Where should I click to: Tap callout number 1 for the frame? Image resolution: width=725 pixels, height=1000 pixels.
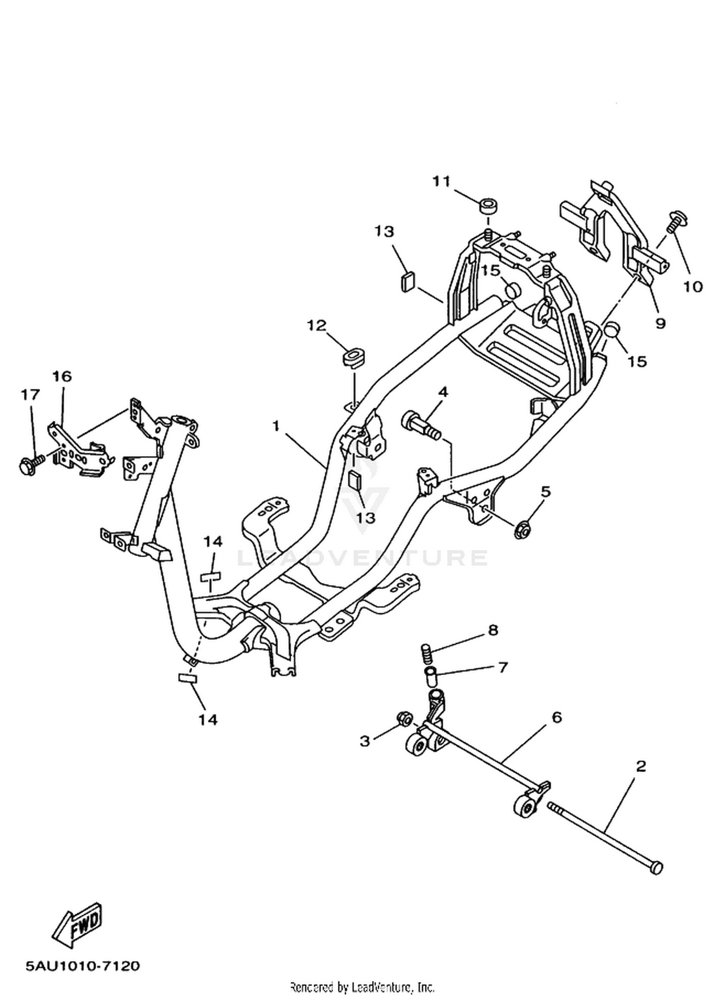tap(275, 426)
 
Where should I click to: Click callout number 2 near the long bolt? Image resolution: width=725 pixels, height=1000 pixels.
tap(641, 766)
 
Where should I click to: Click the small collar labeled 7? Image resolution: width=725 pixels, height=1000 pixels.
tap(431, 675)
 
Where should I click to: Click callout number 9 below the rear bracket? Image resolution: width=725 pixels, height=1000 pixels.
tap(660, 323)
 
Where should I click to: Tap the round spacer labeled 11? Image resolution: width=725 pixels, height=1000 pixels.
tap(489, 205)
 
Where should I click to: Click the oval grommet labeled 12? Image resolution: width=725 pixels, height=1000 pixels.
tap(353, 356)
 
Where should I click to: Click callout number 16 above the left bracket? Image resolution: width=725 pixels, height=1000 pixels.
tap(62, 376)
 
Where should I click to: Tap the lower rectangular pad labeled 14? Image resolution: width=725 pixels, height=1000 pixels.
tap(188, 678)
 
